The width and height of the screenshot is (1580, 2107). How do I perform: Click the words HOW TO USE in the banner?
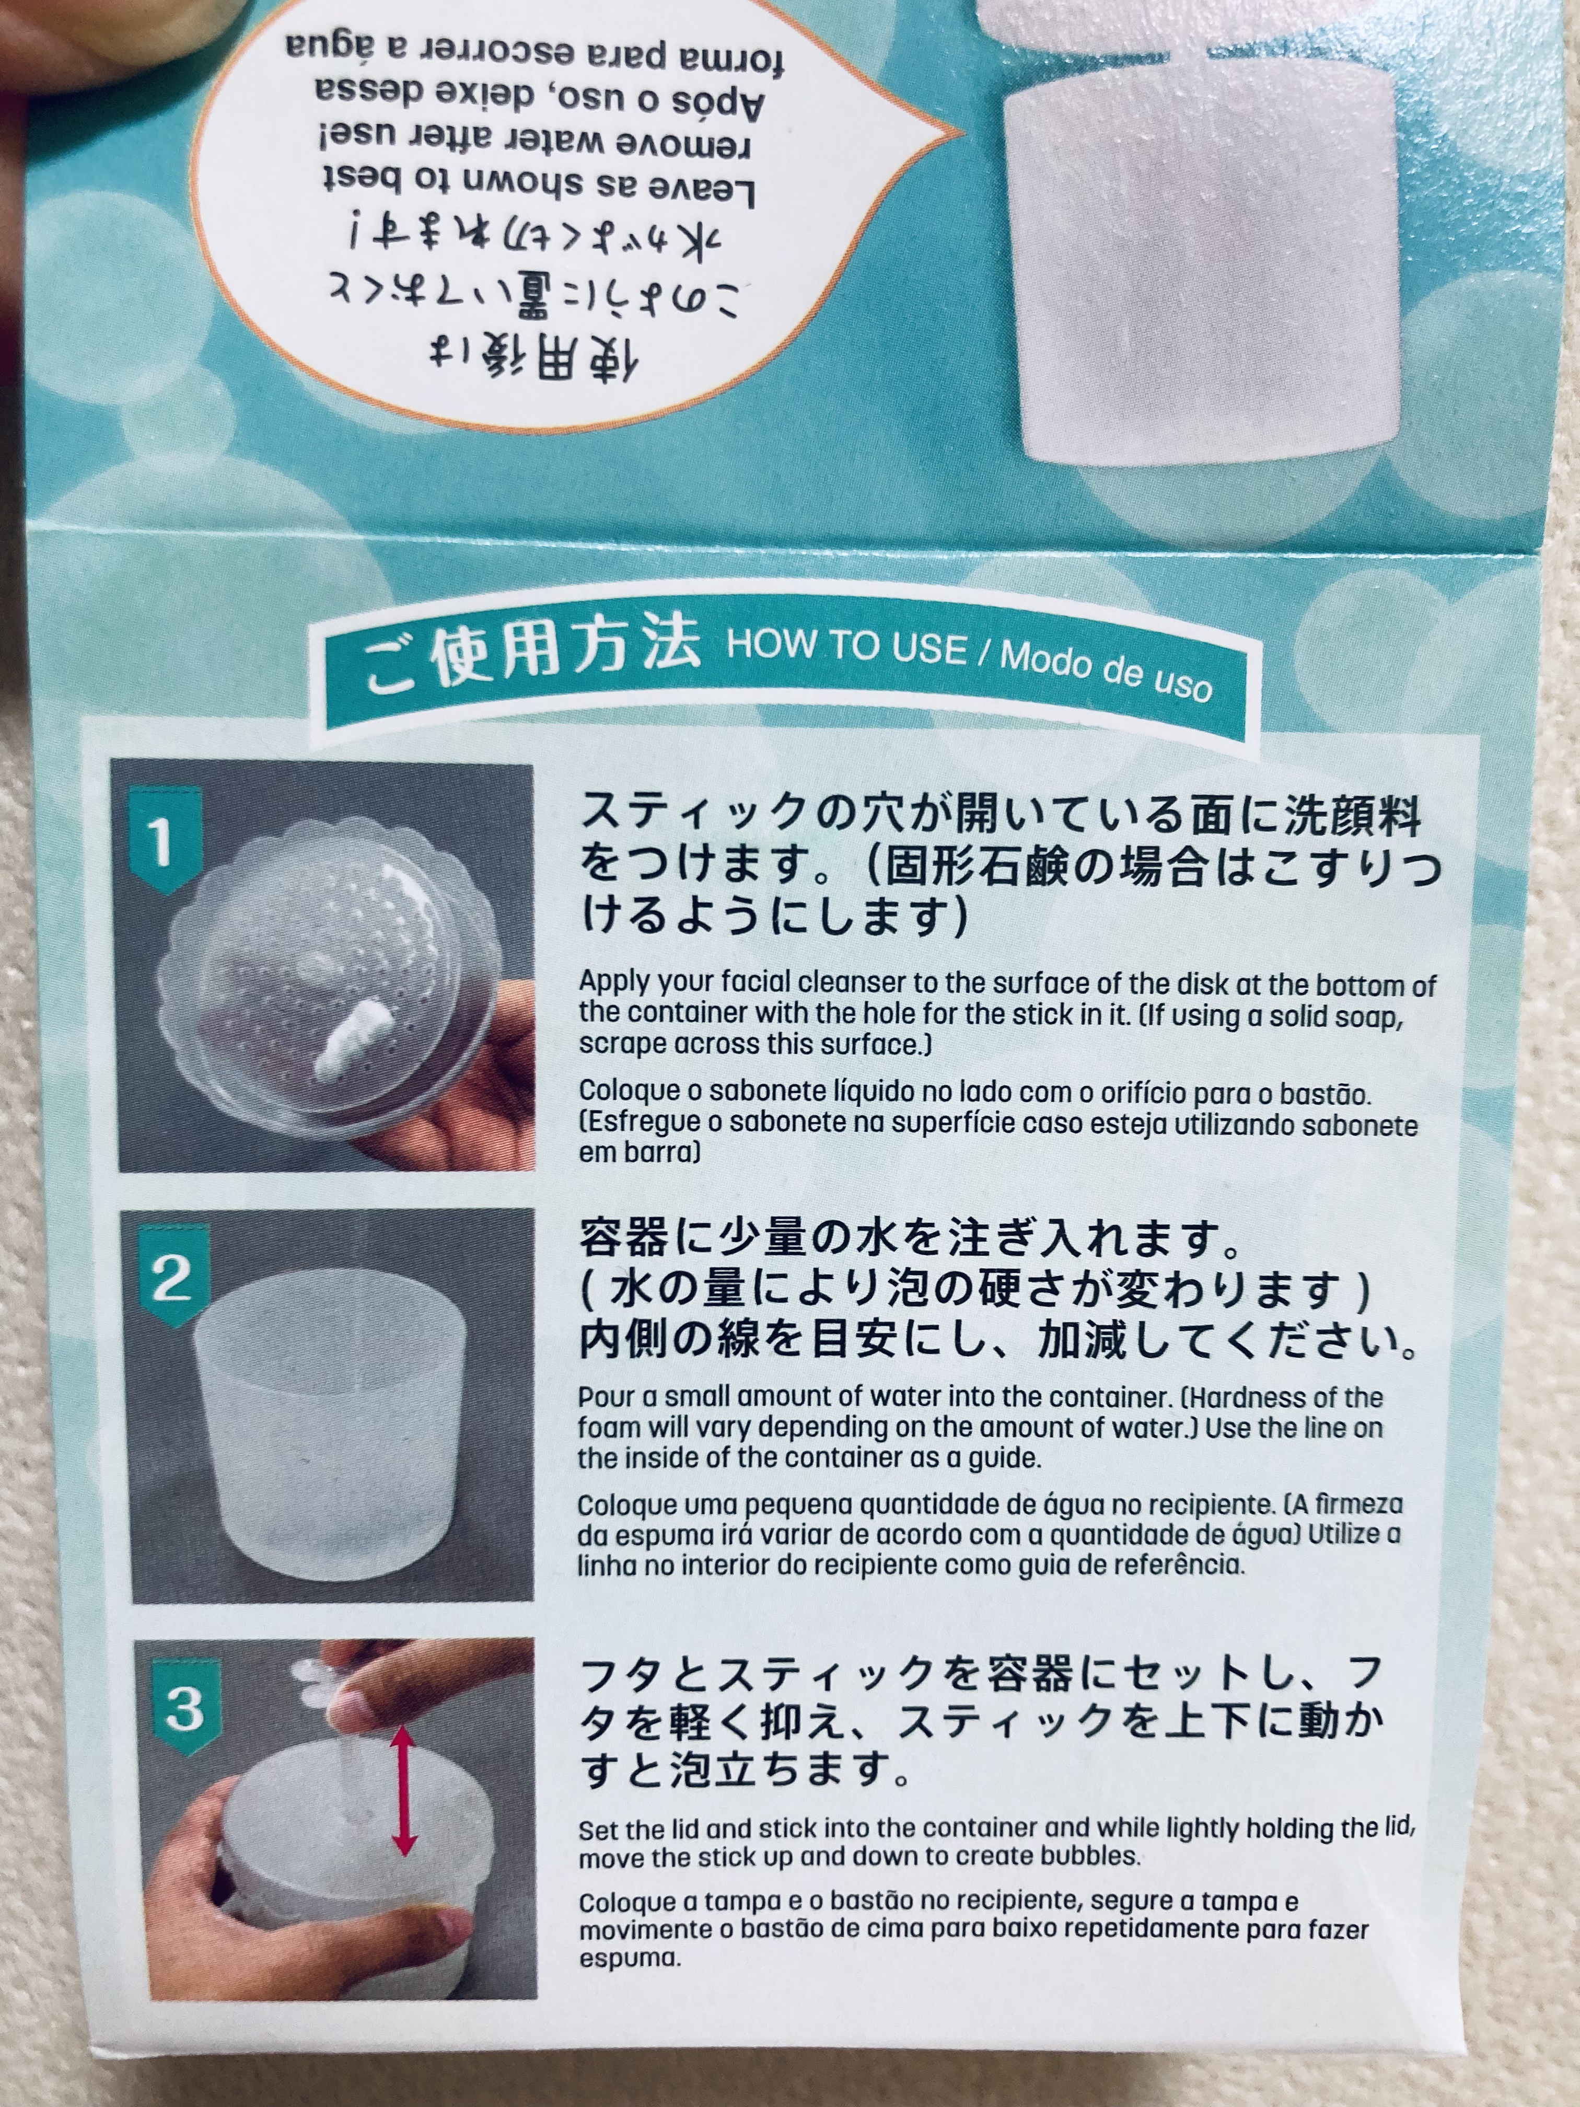tap(846, 647)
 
